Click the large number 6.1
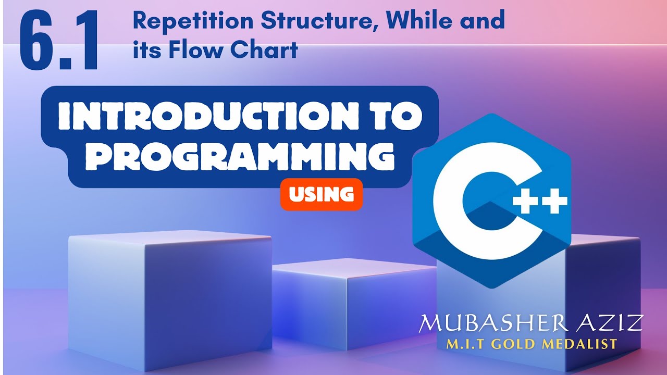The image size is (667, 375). (x=59, y=42)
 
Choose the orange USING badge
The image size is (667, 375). (x=321, y=194)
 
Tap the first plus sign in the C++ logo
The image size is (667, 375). (x=524, y=202)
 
